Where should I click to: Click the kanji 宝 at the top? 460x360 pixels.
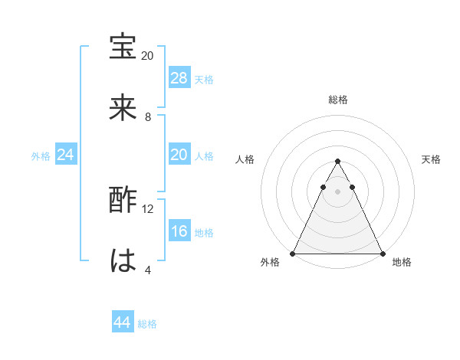pyautogui.click(x=123, y=47)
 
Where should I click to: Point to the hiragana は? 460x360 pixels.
pyautogui.click(x=123, y=260)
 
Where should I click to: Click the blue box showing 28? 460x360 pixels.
pyautogui.click(x=179, y=78)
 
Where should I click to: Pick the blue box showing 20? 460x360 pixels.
pyautogui.click(x=179, y=155)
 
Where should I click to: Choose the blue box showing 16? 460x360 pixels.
pyautogui.click(x=179, y=231)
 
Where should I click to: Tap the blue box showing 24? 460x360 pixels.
pyautogui.click(x=66, y=155)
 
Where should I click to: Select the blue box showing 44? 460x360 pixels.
pyautogui.click(x=123, y=322)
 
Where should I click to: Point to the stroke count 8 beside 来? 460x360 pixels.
pyautogui.click(x=148, y=116)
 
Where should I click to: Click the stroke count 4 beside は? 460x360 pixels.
pyautogui.click(x=148, y=269)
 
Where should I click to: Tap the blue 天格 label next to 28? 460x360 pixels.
pyautogui.click(x=204, y=79)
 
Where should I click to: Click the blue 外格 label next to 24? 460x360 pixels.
pyautogui.click(x=41, y=155)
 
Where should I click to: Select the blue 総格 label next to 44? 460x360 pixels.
pyautogui.click(x=147, y=323)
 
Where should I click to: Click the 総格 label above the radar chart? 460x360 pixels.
pyautogui.click(x=337, y=100)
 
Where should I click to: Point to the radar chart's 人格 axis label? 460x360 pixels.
pyautogui.click(x=245, y=159)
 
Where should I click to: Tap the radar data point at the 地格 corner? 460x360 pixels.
pyautogui.click(x=382, y=253)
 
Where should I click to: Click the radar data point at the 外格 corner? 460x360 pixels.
pyautogui.click(x=293, y=253)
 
